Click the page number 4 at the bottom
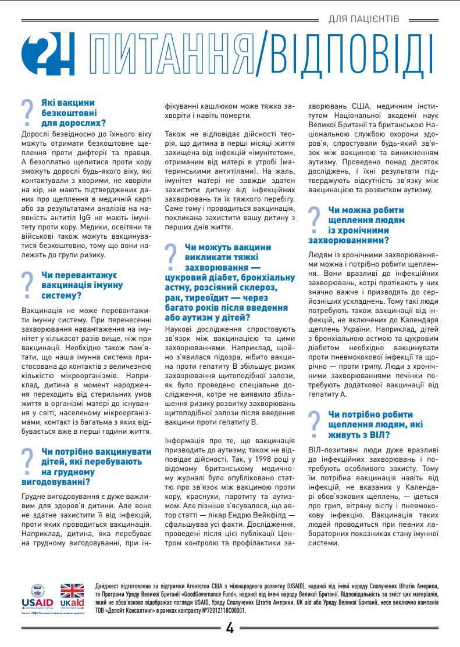click(x=229, y=628)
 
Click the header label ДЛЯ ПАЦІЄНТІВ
click(x=363, y=19)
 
